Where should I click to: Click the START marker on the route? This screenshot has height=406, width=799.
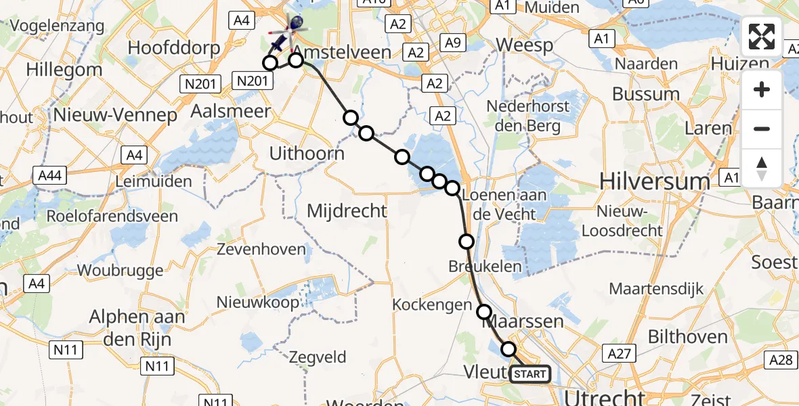coord(530,374)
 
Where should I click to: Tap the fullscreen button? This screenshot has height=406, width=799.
coord(762,37)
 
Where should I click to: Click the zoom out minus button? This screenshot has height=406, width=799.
coord(762,129)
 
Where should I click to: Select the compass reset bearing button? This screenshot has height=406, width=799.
coord(762,168)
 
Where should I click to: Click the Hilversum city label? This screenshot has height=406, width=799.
coord(654,181)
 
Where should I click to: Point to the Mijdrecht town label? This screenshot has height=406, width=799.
coord(347,211)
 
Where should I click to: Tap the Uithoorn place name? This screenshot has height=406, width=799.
coord(307,154)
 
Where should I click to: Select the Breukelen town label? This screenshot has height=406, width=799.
coord(485,266)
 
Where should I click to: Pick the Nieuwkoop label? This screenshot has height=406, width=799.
coord(258,302)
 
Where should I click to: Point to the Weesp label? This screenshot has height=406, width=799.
coord(524,45)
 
